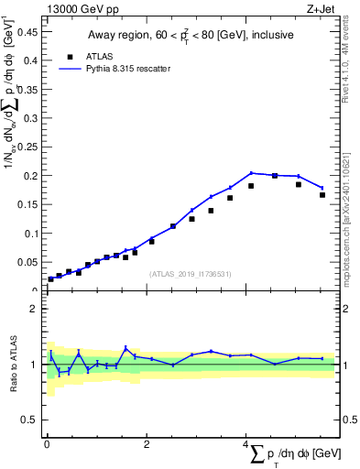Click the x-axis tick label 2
[147, 446]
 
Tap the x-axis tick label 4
[245, 446]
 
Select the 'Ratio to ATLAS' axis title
[13, 365]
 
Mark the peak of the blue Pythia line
[251, 172]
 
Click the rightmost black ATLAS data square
[322, 194]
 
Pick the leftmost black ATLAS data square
[51, 278]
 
